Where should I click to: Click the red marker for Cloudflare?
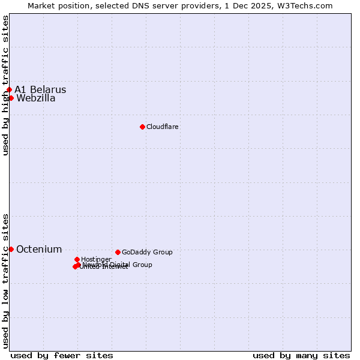142,127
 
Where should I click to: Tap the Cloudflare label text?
163,127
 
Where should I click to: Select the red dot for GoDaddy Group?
118,252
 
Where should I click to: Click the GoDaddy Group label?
147,252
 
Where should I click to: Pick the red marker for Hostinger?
77,259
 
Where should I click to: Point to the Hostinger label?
96,259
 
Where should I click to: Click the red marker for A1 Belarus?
9,90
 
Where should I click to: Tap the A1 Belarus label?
40,90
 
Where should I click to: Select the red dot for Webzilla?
11,98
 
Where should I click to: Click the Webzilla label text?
36,98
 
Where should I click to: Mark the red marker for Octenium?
11,249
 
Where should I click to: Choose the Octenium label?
39,249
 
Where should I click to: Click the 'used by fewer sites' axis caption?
62,355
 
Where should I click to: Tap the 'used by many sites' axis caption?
301,355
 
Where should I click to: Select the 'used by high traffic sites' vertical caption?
5,85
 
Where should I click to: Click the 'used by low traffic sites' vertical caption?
5,281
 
